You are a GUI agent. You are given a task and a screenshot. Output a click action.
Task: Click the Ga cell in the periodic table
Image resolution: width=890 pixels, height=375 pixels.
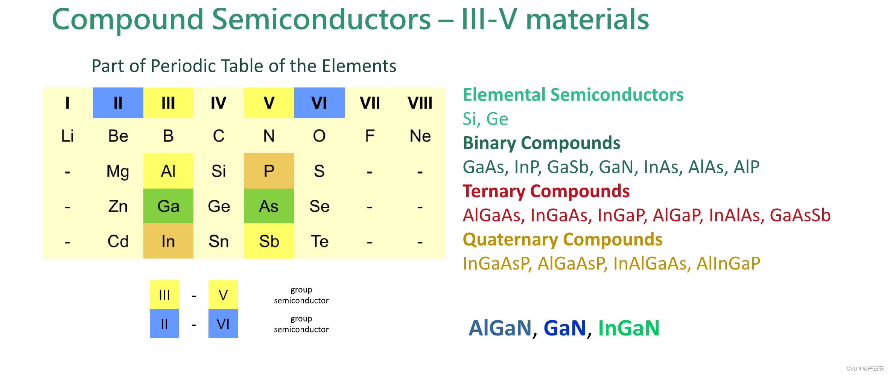coord(168,206)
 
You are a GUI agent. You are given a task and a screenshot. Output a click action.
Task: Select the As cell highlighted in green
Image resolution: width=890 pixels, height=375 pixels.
coord(269,206)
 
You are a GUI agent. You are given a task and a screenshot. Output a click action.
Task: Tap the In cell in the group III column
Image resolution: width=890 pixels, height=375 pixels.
coord(168,241)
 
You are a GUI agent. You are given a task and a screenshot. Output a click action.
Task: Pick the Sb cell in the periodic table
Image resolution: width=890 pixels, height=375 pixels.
coord(269,241)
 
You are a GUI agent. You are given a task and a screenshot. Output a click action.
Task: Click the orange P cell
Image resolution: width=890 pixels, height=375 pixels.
coord(269,171)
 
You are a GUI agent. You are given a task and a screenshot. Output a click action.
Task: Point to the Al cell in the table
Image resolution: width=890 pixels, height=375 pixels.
coord(168,171)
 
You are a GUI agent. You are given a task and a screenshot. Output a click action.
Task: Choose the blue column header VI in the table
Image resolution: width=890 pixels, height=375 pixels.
coord(319,103)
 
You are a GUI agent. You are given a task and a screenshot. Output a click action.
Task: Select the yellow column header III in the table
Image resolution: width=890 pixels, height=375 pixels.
coord(168,103)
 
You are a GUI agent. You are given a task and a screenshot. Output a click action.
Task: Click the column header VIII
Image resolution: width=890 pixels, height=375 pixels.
coord(420,103)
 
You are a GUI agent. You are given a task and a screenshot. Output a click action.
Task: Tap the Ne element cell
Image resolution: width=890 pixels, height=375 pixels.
coord(420,136)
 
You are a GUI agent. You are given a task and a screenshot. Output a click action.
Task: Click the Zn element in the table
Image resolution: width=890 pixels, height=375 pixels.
coord(118,206)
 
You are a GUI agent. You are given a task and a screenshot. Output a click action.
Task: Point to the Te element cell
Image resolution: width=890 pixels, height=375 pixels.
coord(319,241)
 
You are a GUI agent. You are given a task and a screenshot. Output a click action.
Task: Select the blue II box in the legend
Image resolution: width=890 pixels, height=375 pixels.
coord(164,324)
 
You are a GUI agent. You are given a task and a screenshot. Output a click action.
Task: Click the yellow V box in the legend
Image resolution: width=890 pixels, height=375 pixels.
coord(223,295)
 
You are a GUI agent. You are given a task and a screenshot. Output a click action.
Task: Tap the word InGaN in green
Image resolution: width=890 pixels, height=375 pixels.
coord(629,328)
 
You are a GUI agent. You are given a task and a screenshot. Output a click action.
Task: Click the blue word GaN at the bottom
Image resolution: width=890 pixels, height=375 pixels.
coord(565,328)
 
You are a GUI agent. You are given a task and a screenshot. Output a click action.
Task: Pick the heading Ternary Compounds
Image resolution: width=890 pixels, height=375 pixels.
coord(546,191)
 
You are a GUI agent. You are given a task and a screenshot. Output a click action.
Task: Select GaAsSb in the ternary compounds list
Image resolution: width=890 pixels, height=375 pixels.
coord(800,215)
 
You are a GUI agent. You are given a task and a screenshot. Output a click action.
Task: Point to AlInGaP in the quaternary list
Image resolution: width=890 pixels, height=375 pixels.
coord(728,264)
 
